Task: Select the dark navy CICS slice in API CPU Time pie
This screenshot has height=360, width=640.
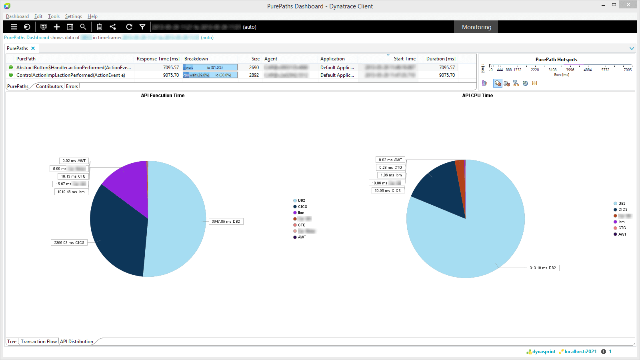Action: coord(440,188)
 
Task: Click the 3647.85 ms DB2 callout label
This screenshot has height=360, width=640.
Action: coord(226,222)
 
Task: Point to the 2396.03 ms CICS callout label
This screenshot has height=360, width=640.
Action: coord(69,243)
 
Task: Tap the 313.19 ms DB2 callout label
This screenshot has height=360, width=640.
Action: coord(543,268)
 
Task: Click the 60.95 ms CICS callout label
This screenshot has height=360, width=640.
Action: coord(388,191)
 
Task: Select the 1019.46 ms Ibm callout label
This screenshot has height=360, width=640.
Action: coord(71,192)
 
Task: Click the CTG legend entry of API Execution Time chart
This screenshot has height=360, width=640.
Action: coord(302,225)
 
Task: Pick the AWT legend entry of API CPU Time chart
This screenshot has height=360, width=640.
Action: coord(622,234)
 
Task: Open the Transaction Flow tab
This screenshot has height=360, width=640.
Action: coord(39,342)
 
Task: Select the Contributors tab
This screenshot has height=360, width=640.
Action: coord(49,86)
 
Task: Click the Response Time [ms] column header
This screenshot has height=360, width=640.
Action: coord(158,59)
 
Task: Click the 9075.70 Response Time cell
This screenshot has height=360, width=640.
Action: coord(171,75)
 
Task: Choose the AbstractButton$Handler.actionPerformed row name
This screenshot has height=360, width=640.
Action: coord(74,68)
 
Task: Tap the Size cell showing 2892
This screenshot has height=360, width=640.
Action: coord(254,75)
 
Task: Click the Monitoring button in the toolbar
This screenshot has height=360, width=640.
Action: coord(476,27)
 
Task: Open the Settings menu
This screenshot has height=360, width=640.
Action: coord(74,16)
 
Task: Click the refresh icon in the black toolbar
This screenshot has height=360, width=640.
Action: coord(129,27)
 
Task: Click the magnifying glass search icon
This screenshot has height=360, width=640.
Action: coord(83,27)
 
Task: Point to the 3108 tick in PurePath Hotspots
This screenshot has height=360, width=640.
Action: coord(552,70)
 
